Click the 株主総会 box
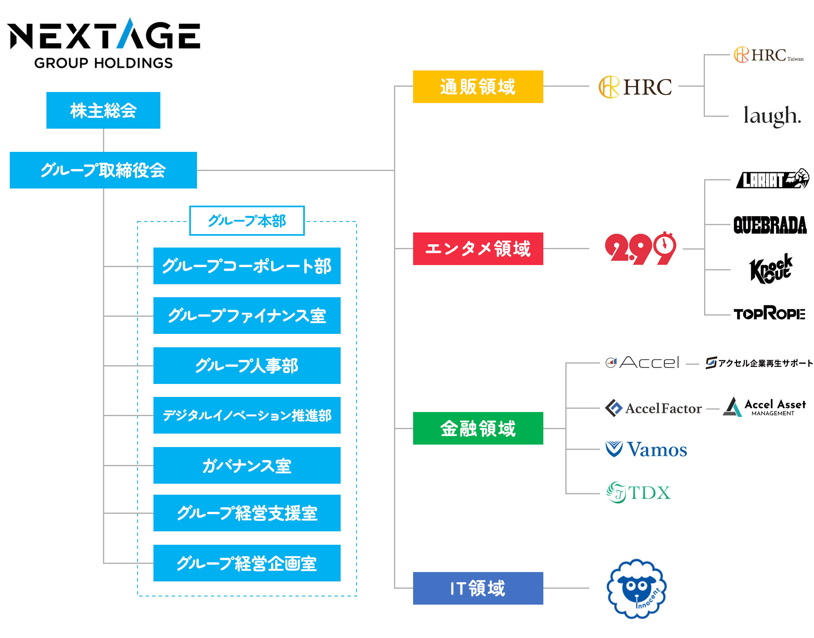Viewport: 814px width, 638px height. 103,110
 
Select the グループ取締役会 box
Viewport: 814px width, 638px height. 103,170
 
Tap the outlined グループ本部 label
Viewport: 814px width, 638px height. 247,221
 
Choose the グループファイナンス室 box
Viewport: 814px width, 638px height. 247,316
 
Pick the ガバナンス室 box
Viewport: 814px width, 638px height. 247,465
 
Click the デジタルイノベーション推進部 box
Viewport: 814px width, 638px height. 247,415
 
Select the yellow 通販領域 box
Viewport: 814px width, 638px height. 478,87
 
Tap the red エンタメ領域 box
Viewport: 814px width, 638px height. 478,249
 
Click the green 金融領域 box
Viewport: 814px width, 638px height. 478,428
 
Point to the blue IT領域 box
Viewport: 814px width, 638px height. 478,588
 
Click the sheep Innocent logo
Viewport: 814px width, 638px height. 636,589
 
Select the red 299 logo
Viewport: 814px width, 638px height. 640,248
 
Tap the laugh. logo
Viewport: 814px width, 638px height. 772,116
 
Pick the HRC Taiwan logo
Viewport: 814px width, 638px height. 768,55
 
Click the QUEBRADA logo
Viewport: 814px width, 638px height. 770,225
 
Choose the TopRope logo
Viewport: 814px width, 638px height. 769,313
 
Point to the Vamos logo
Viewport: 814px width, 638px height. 646,449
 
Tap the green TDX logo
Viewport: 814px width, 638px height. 638,493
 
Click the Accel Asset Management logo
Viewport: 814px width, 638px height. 764,407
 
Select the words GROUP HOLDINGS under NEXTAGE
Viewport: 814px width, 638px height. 103,63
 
